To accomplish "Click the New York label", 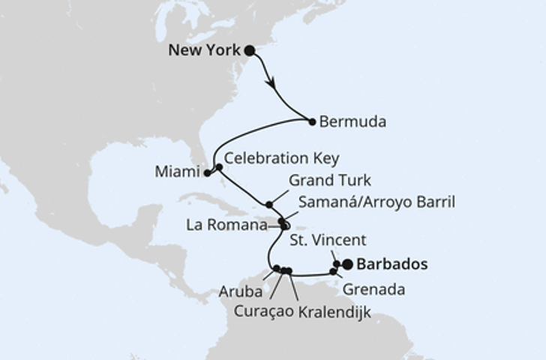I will (x=204, y=51).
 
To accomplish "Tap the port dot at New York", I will (x=250, y=51).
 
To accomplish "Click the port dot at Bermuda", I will (x=312, y=121).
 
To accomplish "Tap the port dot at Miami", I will (x=208, y=173).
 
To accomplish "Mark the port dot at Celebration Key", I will (x=218, y=167).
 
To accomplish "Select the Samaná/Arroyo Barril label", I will (x=376, y=202).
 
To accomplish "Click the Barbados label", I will (x=392, y=264).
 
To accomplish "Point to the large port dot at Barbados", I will (x=346, y=264).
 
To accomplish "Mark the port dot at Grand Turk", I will (x=269, y=204).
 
